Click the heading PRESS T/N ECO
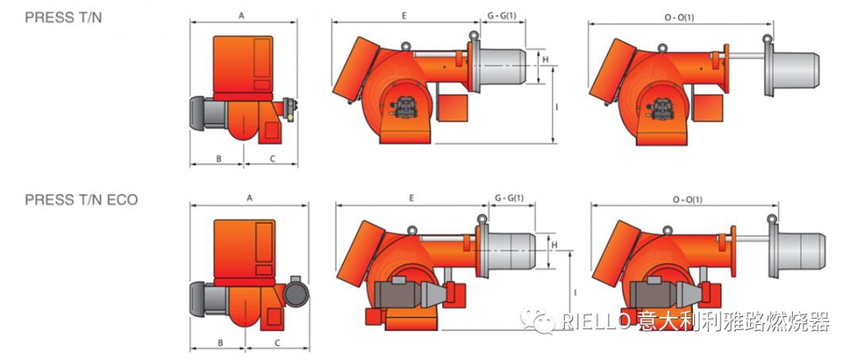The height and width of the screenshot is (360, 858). (82, 199)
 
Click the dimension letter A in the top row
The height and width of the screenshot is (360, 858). (242, 17)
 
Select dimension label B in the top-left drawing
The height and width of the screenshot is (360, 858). (218, 159)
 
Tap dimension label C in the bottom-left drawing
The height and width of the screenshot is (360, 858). (277, 343)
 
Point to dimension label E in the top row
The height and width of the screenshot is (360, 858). (404, 16)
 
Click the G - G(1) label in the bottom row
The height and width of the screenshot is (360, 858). (509, 199)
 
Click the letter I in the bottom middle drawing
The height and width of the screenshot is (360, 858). (574, 292)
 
